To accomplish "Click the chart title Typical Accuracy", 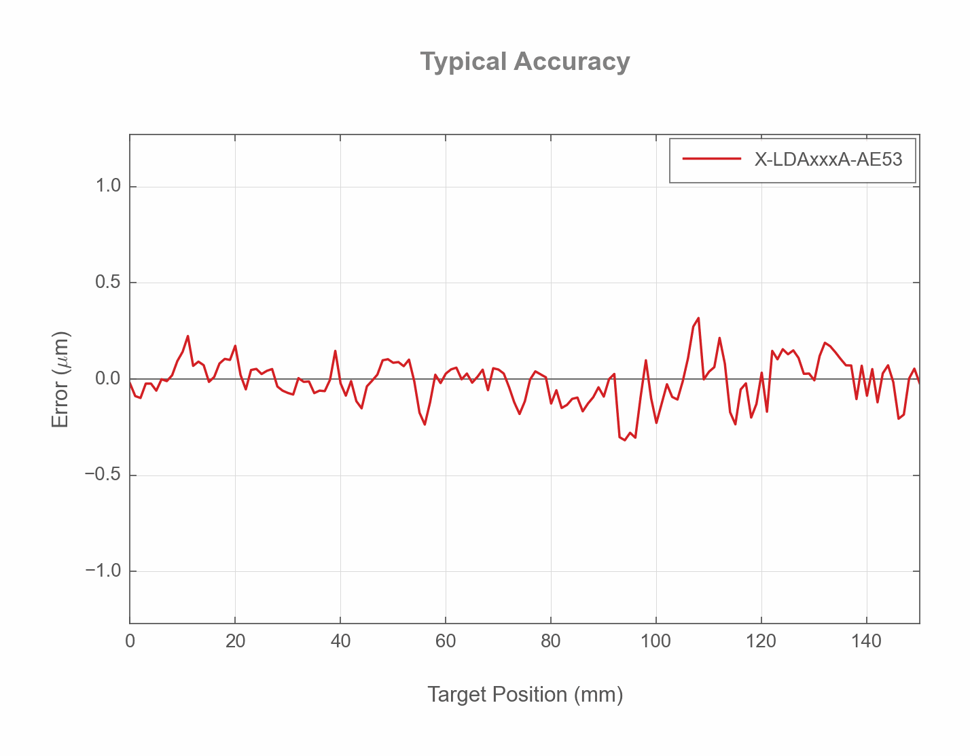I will (524, 62).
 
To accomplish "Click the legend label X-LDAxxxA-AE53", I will (828, 159).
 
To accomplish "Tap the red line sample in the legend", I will (711, 159).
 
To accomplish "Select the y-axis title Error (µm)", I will (61, 379).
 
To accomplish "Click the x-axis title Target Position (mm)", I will (524, 694).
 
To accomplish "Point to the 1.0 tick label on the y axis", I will (108, 186).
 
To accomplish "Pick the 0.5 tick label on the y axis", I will (108, 283).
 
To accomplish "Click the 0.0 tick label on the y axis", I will (108, 379).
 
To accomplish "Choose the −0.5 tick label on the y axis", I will (103, 475).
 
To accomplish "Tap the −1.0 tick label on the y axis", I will (103, 571).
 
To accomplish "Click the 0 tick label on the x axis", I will (130, 641).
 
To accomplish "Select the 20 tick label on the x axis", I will (235, 641).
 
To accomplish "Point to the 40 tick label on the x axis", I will (340, 641).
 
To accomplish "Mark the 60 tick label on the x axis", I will (446, 641).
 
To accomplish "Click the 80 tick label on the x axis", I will (551, 641).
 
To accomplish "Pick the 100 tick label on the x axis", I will (656, 641).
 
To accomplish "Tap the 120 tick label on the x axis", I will (761, 641).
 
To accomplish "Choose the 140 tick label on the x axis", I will (867, 641).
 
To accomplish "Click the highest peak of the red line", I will (698, 318).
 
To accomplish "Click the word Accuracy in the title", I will (571, 62).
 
